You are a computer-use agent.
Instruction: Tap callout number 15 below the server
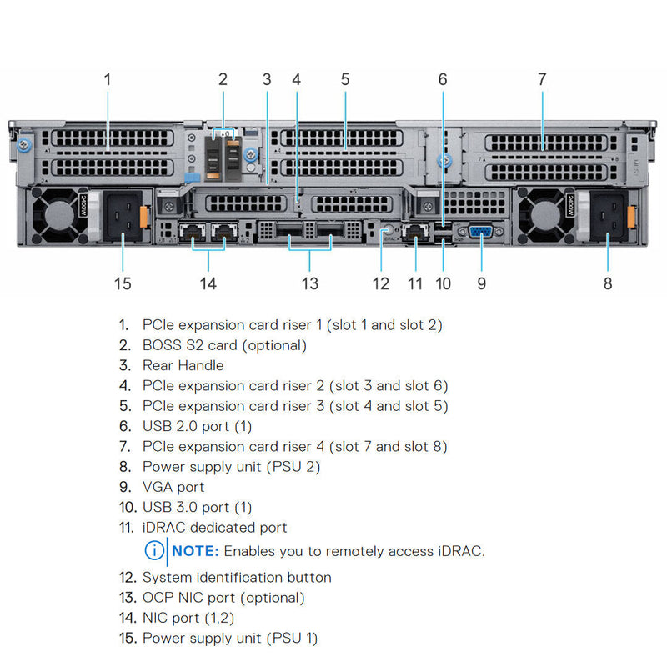pos(123,283)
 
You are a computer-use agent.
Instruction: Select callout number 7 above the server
pos(542,79)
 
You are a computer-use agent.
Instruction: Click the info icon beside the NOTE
pos(154,551)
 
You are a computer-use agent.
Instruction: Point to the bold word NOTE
pos(196,551)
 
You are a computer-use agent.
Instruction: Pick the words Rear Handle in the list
pos(183,365)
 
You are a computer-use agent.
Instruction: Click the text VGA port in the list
pos(173,487)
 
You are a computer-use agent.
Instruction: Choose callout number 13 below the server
pos(310,283)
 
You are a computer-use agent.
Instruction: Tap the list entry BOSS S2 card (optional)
pos(224,345)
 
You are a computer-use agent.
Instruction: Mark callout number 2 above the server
pos(223,79)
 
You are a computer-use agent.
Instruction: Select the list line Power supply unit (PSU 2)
pos(231,467)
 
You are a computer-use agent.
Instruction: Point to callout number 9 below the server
pos(481,283)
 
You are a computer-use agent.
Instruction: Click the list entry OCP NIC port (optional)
pos(223,598)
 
